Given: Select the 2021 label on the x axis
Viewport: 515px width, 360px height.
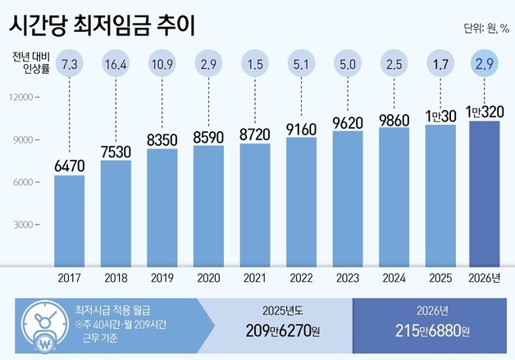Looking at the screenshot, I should coord(254,278).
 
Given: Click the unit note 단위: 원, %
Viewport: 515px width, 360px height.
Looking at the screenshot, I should coord(485,29).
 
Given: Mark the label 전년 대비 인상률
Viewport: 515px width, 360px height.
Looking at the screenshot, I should coord(31,63).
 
